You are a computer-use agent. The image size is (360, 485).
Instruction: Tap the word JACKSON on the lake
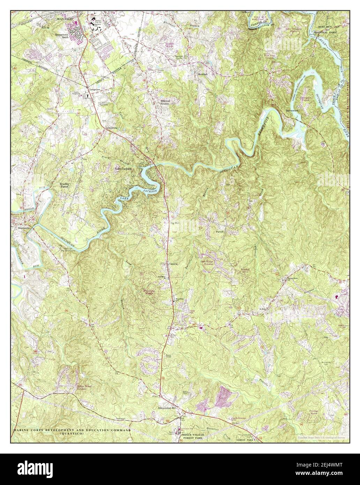click(x=150, y=191)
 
